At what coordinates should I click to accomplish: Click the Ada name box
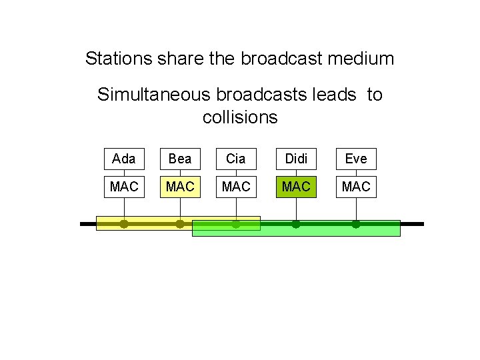[124, 159]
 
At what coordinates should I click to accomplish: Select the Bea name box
[180, 159]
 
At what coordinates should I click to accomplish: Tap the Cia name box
[236, 159]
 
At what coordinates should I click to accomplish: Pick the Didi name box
[296, 159]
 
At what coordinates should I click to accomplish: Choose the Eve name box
[356, 159]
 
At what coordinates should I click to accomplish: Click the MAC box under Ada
[124, 187]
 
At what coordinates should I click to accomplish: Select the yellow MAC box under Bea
[180, 187]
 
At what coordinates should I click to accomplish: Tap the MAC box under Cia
[236, 187]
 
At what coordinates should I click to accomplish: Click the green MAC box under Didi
[296, 187]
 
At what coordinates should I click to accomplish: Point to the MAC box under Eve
[356, 187]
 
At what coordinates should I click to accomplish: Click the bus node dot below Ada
[124, 224]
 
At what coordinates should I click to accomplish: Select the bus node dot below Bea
[180, 224]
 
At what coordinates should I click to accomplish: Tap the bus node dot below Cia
[236, 224]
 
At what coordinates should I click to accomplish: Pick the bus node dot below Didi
[296, 224]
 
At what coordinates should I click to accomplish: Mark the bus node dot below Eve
[356, 224]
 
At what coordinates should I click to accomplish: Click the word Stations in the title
[118, 59]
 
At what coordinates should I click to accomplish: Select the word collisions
[240, 118]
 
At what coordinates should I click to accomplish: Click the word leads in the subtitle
[333, 95]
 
